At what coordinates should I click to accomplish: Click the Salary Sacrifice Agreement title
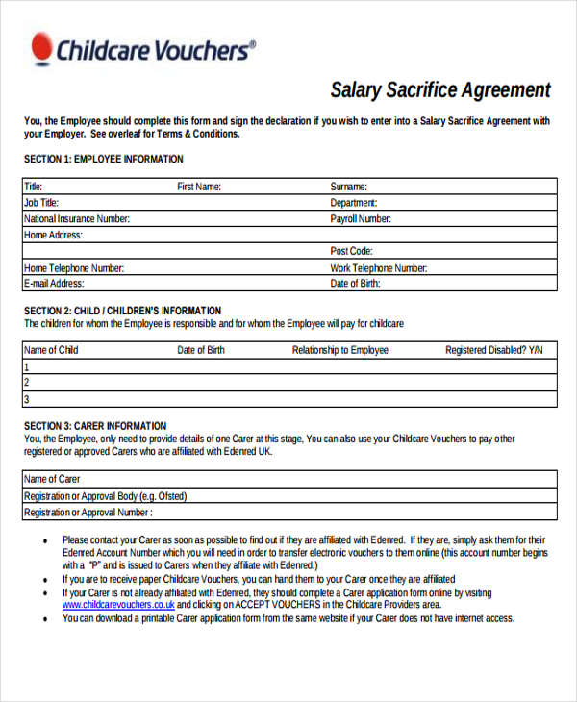tap(440, 90)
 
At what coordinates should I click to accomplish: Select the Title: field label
tap(34, 187)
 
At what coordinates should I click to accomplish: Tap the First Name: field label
tap(199, 187)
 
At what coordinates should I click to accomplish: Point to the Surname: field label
tap(348, 187)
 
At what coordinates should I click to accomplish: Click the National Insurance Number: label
tap(77, 219)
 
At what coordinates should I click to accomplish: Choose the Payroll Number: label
tap(361, 219)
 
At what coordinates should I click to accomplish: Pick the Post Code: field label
tap(352, 251)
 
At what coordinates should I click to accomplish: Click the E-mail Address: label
tap(54, 284)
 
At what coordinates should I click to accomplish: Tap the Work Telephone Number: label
tap(379, 268)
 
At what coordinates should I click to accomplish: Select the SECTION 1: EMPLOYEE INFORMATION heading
tap(103, 160)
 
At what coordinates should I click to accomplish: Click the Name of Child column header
tap(51, 350)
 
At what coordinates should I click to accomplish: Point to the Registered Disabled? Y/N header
tap(493, 350)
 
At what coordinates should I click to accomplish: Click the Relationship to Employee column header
tap(340, 350)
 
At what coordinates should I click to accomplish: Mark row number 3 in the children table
tap(27, 399)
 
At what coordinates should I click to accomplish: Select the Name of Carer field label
tap(52, 479)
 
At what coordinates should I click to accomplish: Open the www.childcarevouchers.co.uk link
tap(118, 606)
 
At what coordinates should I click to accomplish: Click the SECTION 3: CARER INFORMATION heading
tap(95, 426)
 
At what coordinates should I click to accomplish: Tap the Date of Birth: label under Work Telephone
tap(356, 284)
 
